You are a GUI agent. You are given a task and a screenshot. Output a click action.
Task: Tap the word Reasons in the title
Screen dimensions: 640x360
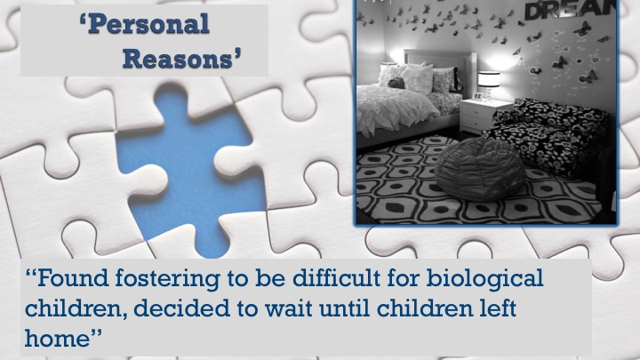pos(178,59)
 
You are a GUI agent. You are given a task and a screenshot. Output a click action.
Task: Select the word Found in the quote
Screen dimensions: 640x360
pos(73,278)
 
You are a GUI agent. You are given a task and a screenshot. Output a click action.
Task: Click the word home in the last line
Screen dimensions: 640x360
pos(57,339)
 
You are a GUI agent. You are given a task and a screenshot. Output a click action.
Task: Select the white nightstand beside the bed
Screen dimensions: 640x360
pos(484,116)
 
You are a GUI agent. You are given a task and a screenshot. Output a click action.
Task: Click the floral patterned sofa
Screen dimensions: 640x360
pos(549,135)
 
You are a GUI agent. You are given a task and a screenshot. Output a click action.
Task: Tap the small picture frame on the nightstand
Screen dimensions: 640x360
pos(476,96)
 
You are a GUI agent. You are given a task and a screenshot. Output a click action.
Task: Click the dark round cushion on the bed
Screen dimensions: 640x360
pos(396,84)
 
